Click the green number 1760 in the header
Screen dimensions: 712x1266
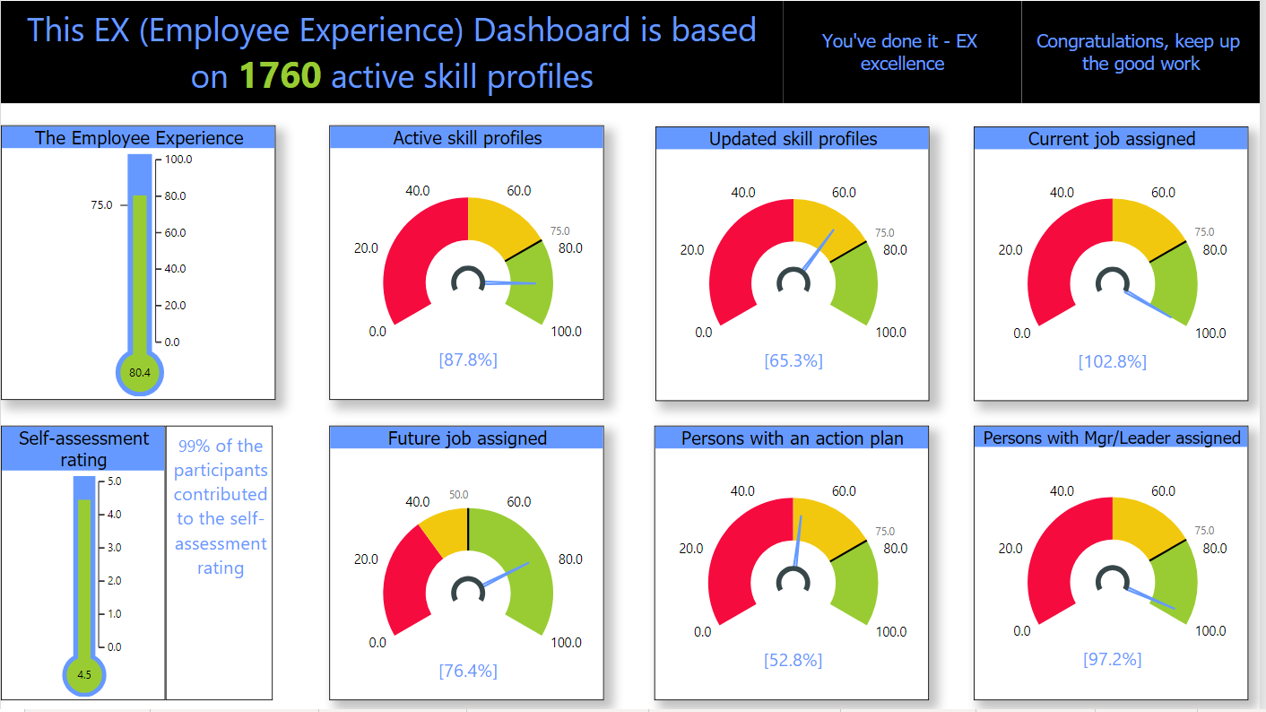click(280, 77)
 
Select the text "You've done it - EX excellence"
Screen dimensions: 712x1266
click(901, 52)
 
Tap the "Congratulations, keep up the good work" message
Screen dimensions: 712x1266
click(1140, 52)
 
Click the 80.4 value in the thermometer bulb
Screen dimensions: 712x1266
click(139, 373)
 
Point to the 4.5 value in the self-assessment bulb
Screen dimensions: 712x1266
click(84, 675)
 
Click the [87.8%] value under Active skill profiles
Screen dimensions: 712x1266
click(467, 360)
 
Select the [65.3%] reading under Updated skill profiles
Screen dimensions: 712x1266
click(793, 361)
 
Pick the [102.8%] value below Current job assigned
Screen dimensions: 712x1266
click(1112, 362)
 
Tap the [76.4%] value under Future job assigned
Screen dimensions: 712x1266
click(467, 671)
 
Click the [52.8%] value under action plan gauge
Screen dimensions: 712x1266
click(792, 660)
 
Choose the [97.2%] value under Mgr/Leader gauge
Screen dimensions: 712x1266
click(1112, 659)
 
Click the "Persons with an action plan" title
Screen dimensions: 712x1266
click(792, 438)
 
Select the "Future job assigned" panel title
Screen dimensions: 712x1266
click(467, 438)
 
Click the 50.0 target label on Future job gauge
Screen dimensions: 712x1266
click(459, 495)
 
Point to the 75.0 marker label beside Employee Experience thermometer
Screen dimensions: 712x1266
click(101, 205)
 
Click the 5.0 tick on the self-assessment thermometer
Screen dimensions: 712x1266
click(114, 481)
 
